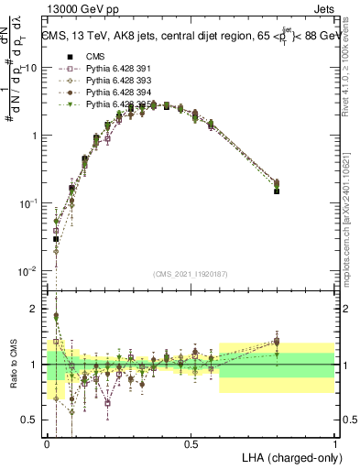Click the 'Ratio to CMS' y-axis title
[13, 365]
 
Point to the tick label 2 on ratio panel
[35, 309]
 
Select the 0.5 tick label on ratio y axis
[31, 420]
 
